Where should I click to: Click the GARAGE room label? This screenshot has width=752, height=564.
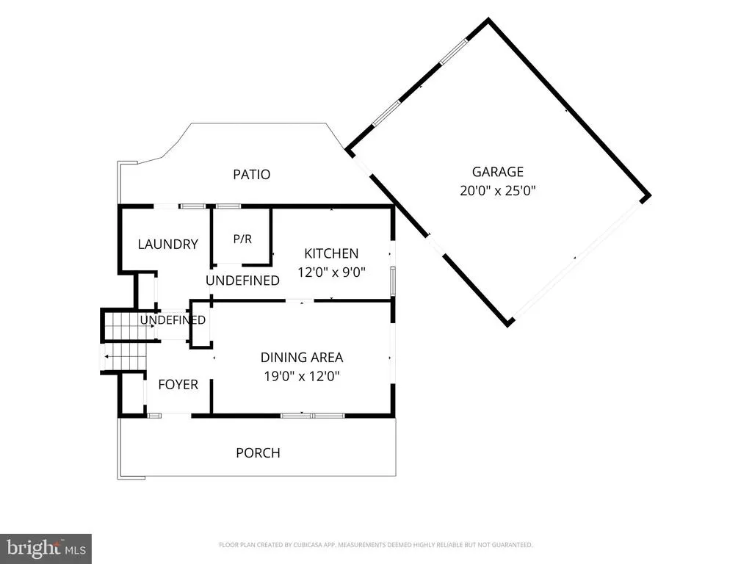coord(497,172)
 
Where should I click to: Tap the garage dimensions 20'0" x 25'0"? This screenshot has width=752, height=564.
coord(497,191)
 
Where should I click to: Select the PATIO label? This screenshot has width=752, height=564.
coord(251,175)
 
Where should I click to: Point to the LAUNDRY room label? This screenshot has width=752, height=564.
coord(168,245)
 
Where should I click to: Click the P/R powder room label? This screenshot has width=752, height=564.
coord(242,239)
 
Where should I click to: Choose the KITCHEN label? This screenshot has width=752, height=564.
coord(331,253)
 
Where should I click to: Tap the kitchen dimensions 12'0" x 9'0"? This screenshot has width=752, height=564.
coord(331,272)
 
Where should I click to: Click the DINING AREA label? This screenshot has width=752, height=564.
coord(302,358)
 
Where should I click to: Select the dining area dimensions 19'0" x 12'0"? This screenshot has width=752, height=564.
coord(302,376)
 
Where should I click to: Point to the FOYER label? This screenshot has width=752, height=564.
coord(178,385)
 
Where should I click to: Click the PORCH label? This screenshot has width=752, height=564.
coord(258,453)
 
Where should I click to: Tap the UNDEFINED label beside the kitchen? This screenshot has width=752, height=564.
coord(242,281)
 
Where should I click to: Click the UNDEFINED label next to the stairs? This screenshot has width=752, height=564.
coord(173,320)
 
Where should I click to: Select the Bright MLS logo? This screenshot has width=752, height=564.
coord(46,548)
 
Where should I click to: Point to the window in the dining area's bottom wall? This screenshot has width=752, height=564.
coord(312,416)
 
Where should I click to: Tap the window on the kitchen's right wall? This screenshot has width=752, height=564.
coord(393,281)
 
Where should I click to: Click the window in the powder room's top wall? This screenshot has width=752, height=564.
coord(228,206)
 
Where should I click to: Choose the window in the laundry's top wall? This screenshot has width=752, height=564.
coord(192,206)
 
